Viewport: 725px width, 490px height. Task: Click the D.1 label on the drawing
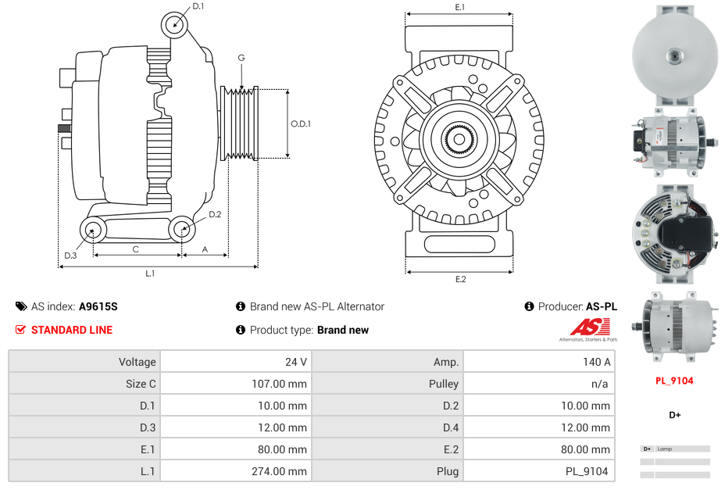click(198, 6)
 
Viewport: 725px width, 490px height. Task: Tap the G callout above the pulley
click(241, 58)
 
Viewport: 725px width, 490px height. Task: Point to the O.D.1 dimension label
click(301, 123)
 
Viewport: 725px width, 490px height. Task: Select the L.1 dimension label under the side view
click(150, 274)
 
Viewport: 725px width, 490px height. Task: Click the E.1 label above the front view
click(460, 7)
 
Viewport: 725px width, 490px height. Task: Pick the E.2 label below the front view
click(460, 280)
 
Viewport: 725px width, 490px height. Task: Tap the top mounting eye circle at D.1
click(176, 24)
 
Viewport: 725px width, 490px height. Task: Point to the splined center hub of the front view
click(459, 141)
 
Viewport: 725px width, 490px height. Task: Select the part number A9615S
click(98, 306)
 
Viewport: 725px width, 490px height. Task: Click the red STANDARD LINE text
click(72, 330)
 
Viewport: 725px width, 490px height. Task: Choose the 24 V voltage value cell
click(296, 362)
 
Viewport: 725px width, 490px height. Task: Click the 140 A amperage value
click(597, 362)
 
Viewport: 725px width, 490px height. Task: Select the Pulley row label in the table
click(444, 384)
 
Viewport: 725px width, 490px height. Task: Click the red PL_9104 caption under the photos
click(674, 381)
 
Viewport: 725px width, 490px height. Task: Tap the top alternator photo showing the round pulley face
click(674, 55)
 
